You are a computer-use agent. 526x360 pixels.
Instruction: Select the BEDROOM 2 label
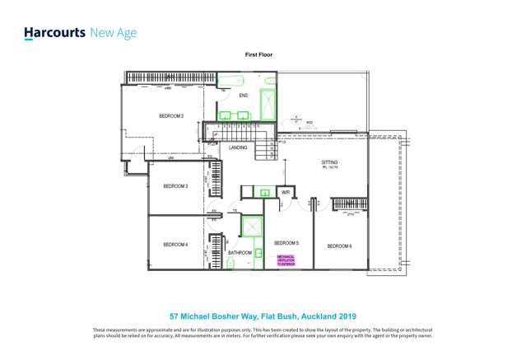[171, 116]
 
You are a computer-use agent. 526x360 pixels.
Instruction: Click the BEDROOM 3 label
[175, 187]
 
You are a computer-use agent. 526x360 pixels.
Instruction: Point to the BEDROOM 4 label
[175, 245]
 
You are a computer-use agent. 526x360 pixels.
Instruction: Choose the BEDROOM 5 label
[286, 243]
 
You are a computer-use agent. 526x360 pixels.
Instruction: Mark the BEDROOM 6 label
[339, 246]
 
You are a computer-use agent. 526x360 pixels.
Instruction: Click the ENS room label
[243, 96]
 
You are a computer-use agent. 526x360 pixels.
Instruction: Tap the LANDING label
[238, 147]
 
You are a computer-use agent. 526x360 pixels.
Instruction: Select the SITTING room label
[329, 163]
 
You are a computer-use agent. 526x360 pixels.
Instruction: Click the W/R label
[286, 192]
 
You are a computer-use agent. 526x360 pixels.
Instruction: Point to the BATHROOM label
[240, 253]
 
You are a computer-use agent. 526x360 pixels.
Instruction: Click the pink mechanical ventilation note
[286, 259]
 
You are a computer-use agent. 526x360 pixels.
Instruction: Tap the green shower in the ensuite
[268, 105]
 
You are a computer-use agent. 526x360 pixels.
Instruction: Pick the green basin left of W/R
[264, 192]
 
